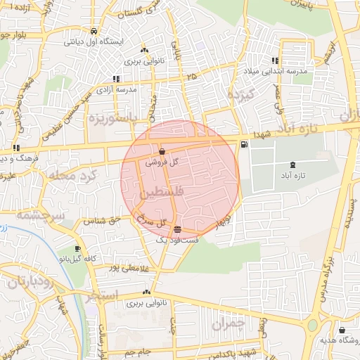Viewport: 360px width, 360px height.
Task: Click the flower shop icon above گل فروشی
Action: [162, 151]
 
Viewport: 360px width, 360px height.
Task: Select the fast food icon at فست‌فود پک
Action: [177, 229]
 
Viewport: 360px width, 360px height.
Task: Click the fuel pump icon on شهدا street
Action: [243, 145]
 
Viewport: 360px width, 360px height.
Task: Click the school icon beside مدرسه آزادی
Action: [116, 79]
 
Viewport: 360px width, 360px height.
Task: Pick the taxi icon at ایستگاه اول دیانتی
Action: [94, 31]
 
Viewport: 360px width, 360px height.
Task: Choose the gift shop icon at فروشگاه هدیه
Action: [342, 330]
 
